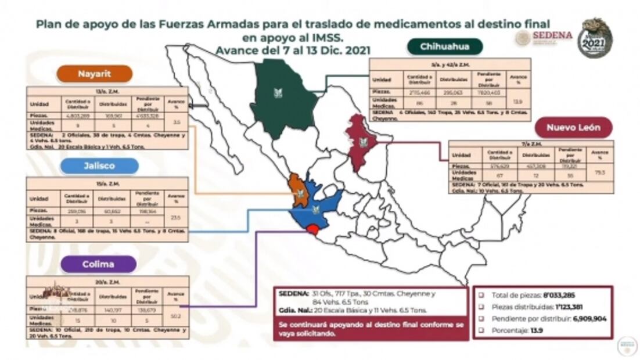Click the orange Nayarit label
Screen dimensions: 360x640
click(94, 74)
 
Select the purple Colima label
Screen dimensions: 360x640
click(99, 264)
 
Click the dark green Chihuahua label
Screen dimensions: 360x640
click(446, 46)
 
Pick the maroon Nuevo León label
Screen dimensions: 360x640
click(571, 127)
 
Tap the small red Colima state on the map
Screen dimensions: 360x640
click(313, 230)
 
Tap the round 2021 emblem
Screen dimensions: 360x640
click(595, 38)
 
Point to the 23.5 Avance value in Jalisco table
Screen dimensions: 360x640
click(174, 218)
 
